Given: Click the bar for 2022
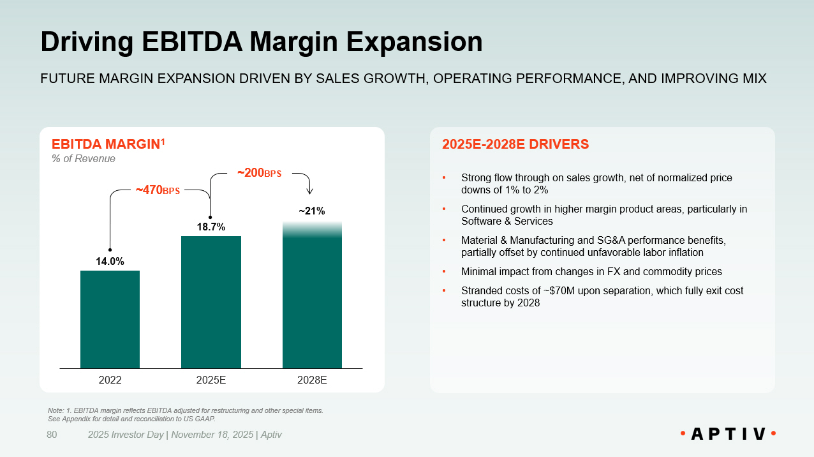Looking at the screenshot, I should click(110, 319).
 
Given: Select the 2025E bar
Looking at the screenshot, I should click(211, 302).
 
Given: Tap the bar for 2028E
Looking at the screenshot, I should click(312, 297).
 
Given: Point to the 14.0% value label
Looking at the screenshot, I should click(110, 261).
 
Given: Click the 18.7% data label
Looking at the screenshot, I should click(211, 227).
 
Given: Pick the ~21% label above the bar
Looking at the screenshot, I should click(312, 211).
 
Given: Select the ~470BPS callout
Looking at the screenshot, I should click(158, 190).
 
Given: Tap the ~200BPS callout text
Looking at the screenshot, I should click(259, 173).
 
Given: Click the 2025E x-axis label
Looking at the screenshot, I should click(211, 380).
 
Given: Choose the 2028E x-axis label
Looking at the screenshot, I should click(312, 380).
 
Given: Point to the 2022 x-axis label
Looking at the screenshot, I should click(110, 380).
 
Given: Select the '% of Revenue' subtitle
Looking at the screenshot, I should click(83, 158).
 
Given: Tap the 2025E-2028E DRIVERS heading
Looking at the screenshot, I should click(515, 144).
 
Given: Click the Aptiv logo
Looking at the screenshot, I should click(727, 434).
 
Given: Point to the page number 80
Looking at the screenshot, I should click(52, 435).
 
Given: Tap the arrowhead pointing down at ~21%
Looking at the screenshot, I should click(310, 190).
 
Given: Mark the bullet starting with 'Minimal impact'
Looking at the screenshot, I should click(591, 272).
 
